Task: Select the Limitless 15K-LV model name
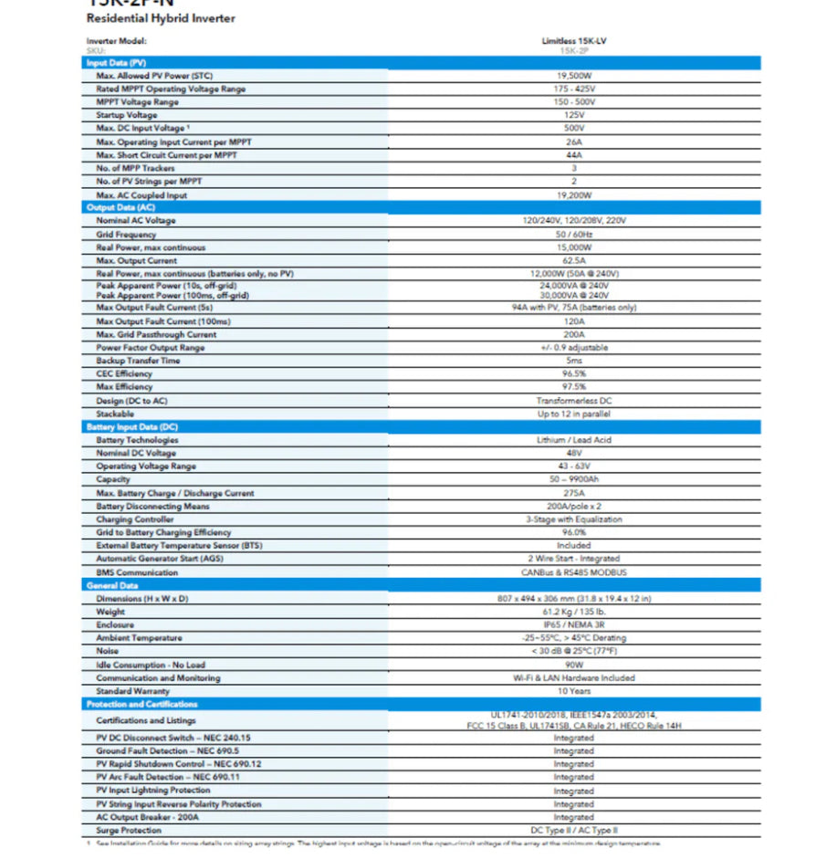coord(573,41)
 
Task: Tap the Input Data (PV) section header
coord(116,62)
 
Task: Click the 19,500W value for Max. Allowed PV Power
coord(573,76)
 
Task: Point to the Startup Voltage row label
coord(127,115)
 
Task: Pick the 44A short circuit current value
coord(573,155)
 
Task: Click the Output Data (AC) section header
coord(120,208)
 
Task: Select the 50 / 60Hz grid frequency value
coord(573,235)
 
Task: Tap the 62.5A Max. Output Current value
coord(573,261)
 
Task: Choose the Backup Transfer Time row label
coord(138,361)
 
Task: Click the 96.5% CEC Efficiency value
coord(573,373)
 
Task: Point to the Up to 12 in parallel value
coord(573,414)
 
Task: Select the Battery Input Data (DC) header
coord(131,427)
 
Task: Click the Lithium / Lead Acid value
coord(573,440)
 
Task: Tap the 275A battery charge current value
coord(573,493)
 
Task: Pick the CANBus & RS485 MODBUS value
coord(573,572)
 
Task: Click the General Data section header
coord(112,585)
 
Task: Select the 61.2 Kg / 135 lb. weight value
coord(573,612)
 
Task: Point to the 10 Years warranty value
coord(573,691)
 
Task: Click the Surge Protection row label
coord(129,831)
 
